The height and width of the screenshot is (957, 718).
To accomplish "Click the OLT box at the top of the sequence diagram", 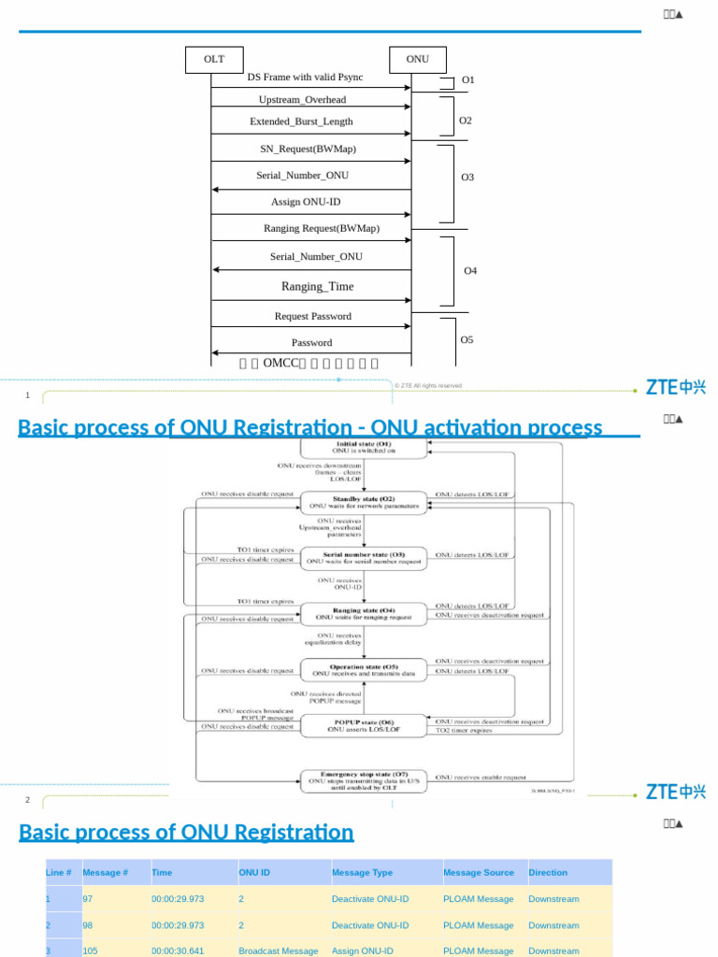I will (214, 59).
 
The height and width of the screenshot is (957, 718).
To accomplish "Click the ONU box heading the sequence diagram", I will (417, 59).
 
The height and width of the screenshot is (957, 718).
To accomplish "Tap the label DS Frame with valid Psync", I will (305, 78).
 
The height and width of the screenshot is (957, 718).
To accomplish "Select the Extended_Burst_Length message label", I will (301, 121).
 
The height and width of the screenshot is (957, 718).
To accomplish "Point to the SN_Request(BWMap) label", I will (308, 149).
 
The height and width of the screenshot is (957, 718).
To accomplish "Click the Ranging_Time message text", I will (317, 287).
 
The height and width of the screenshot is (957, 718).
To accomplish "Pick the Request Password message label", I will (312, 317).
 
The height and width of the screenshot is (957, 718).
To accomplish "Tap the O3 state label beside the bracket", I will (467, 177).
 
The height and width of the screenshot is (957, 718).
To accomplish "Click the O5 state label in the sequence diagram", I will (467, 340).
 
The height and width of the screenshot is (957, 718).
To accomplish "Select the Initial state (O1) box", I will (364, 448).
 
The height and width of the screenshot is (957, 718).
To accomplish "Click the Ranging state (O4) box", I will (364, 614).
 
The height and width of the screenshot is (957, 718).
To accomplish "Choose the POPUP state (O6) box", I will (364, 725).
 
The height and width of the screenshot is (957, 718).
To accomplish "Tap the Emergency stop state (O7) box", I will (364, 781).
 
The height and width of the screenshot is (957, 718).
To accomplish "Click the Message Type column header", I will (362, 873).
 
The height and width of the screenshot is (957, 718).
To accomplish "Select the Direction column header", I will (548, 873).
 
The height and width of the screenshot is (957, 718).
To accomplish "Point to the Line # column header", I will (59, 873).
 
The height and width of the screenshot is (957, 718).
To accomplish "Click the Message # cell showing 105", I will (91, 950).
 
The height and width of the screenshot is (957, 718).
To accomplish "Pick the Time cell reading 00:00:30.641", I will (178, 950).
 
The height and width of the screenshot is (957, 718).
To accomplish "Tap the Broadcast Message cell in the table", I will (278, 950).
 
